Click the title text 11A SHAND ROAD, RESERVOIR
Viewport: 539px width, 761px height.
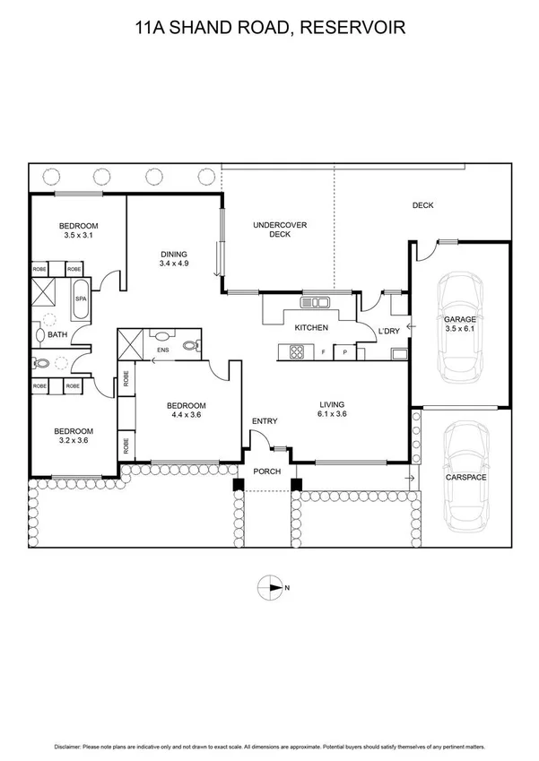[269, 29]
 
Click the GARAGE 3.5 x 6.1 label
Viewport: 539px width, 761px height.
[461, 324]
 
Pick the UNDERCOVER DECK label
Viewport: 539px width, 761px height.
[281, 229]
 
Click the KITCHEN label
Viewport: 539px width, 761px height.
[311, 328]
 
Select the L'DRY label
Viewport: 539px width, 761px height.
[388, 332]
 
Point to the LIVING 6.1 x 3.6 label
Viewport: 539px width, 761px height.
[332, 409]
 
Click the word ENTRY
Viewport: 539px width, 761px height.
[265, 421]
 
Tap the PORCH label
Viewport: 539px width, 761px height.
[267, 471]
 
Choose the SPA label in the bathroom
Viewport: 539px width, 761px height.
[79, 298]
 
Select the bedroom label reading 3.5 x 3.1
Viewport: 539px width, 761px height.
[79, 229]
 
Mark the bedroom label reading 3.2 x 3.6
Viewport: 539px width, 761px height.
[75, 437]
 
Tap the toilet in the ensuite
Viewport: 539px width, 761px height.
[189, 344]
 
